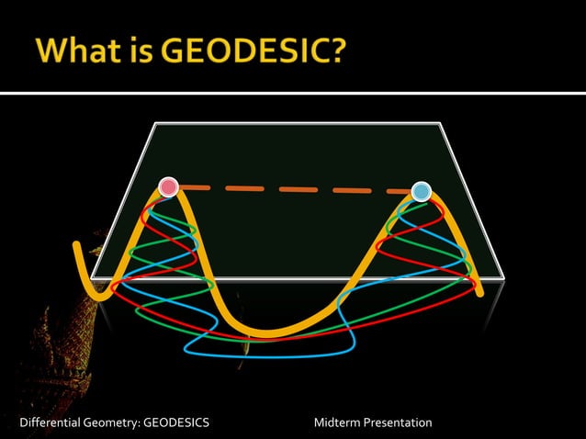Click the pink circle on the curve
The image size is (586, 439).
(x=167, y=187)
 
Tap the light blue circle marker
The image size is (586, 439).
(x=421, y=191)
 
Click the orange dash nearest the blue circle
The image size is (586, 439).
(x=397, y=191)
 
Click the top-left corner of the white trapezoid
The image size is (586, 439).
(x=154, y=123)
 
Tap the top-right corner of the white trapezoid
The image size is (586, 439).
(x=441, y=123)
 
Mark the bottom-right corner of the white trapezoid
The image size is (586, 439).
(x=504, y=276)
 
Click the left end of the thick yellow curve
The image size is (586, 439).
(x=77, y=245)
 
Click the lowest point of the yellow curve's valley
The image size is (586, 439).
(x=266, y=332)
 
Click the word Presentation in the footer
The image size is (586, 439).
(x=398, y=422)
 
